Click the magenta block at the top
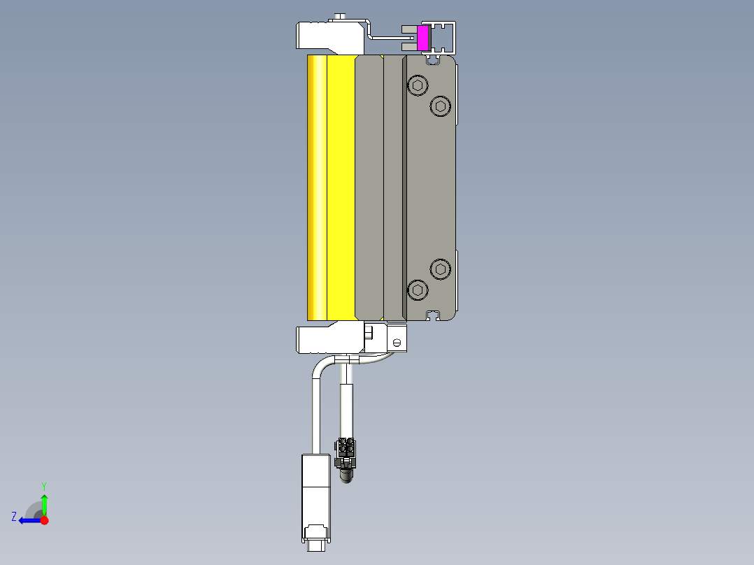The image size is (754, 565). pyautogui.click(x=422, y=38)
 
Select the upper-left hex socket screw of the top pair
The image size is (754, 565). pyautogui.click(x=418, y=86)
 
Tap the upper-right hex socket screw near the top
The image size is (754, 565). pyautogui.click(x=439, y=106)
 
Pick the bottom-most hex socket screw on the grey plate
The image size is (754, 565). pyautogui.click(x=418, y=289)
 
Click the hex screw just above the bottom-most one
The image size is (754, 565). pyautogui.click(x=439, y=269)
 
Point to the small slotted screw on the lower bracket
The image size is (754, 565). pyautogui.click(x=397, y=343)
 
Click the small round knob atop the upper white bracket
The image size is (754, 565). pyautogui.click(x=340, y=16)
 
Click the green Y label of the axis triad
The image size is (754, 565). pyautogui.click(x=43, y=485)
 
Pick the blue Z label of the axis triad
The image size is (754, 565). pyautogui.click(x=14, y=517)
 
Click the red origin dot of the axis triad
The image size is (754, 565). pyautogui.click(x=44, y=520)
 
